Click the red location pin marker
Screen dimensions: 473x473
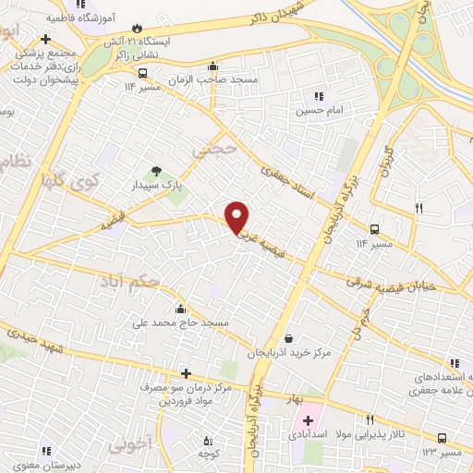pos(238,215)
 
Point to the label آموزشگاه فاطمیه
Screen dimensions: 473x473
pos(120,13)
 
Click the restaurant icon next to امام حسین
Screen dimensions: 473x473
pos(320,96)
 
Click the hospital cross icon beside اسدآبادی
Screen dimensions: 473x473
pos(308,420)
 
